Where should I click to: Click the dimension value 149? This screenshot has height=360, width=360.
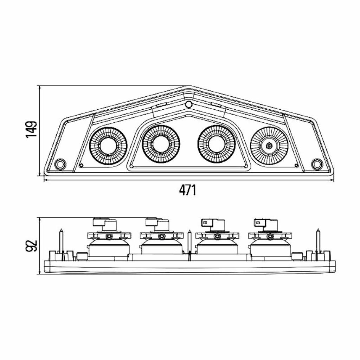click(x=31, y=129)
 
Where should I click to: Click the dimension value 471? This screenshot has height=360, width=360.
click(x=188, y=190)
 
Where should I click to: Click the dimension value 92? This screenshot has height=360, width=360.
click(x=31, y=245)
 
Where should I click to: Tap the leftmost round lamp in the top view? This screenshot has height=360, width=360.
click(x=108, y=146)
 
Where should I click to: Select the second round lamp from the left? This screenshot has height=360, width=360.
click(x=161, y=144)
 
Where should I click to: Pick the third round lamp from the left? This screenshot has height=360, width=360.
click(x=217, y=144)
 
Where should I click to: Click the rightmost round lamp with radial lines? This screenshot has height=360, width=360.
click(x=269, y=146)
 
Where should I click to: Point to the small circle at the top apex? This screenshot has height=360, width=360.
click(x=189, y=105)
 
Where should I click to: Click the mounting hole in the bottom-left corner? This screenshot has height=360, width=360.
click(x=60, y=165)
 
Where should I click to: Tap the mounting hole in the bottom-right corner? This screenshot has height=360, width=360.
click(x=317, y=165)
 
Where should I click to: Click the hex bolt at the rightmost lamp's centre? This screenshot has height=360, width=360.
click(x=269, y=146)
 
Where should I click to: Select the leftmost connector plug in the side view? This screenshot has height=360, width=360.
click(x=105, y=224)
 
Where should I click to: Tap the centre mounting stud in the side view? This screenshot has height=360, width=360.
click(x=189, y=245)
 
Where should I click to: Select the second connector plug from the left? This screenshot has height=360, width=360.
click(x=157, y=224)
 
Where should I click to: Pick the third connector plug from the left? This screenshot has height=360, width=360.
click(x=213, y=225)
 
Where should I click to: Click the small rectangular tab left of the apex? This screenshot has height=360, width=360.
click(x=161, y=105)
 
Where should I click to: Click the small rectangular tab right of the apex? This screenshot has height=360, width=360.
click(x=216, y=105)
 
